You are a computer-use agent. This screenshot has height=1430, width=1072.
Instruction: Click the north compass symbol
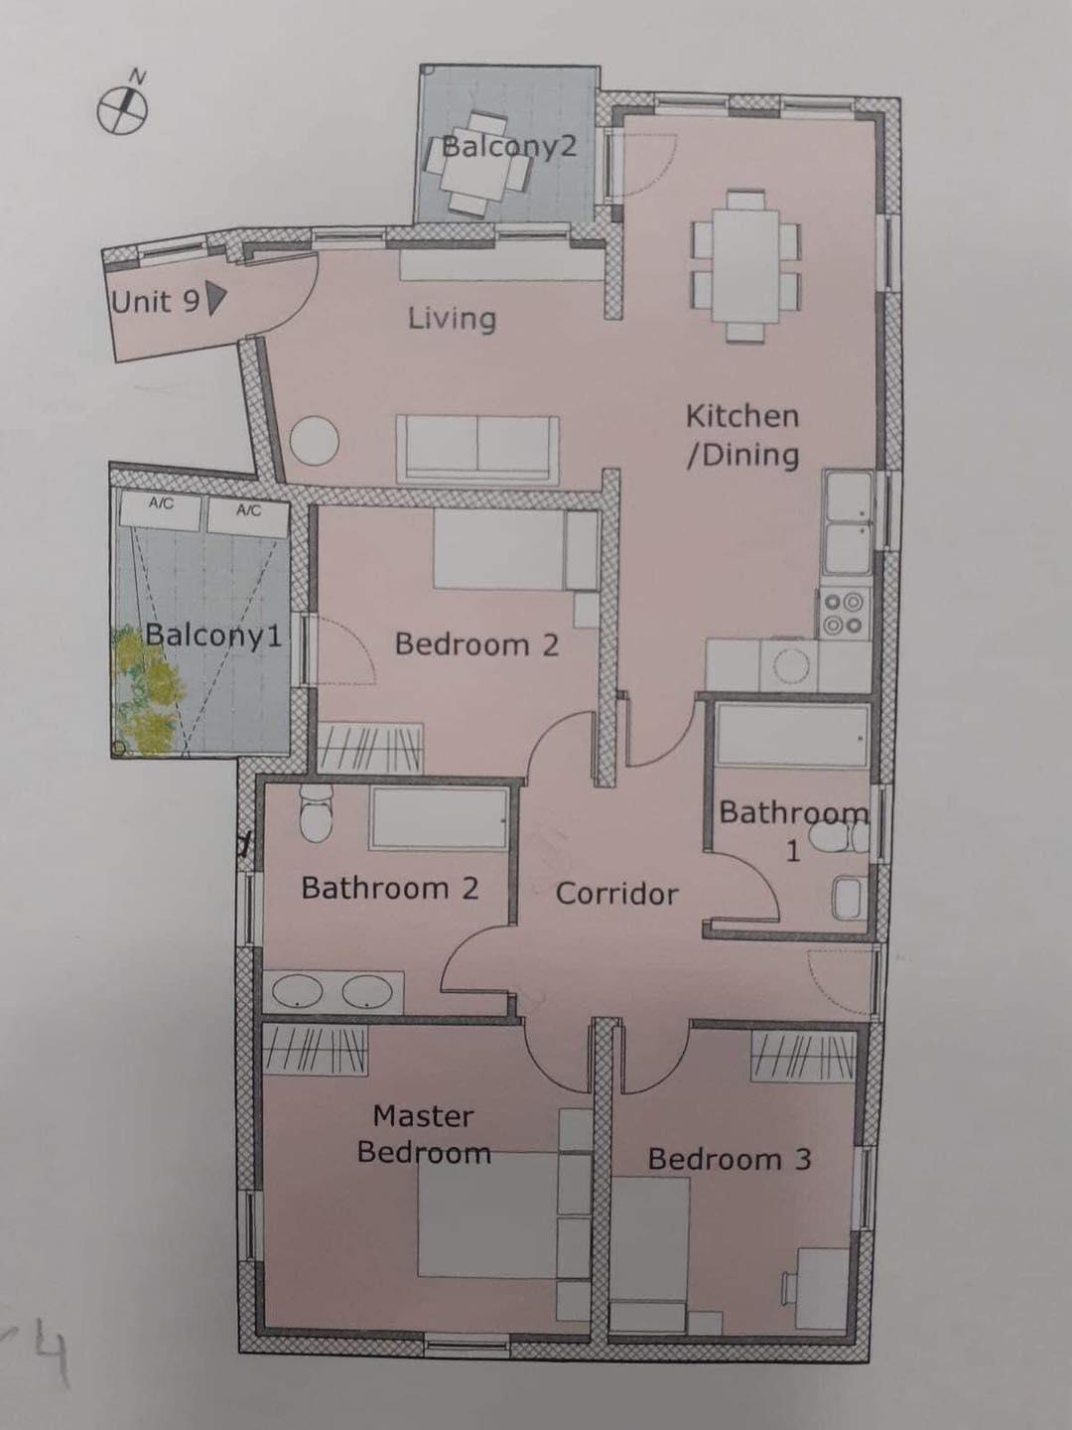(123, 107)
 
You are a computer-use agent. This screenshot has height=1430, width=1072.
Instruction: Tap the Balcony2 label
(507, 147)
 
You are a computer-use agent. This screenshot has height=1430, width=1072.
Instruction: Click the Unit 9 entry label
(156, 301)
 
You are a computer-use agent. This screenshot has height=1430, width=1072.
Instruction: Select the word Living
(452, 319)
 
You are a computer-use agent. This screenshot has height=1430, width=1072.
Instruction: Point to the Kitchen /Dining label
(742, 435)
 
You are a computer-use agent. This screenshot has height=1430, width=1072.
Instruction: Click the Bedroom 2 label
(476, 644)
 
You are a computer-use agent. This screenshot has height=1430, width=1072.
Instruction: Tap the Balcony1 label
(213, 635)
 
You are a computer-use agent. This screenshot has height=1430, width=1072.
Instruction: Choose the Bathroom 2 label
(389, 888)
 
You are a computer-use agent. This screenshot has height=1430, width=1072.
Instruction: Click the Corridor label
(616, 894)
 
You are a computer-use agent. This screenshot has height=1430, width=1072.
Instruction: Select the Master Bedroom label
(424, 1134)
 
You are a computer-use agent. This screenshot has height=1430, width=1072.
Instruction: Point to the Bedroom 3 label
(730, 1159)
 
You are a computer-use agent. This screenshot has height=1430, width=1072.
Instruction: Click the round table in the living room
(315, 439)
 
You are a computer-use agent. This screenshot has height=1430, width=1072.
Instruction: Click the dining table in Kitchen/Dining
(746, 266)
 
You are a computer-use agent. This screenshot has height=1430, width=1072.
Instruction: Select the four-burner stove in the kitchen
(844, 613)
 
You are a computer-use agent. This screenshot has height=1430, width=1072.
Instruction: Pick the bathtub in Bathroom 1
(791, 736)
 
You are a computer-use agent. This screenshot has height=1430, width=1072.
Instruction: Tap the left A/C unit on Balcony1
(162, 510)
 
